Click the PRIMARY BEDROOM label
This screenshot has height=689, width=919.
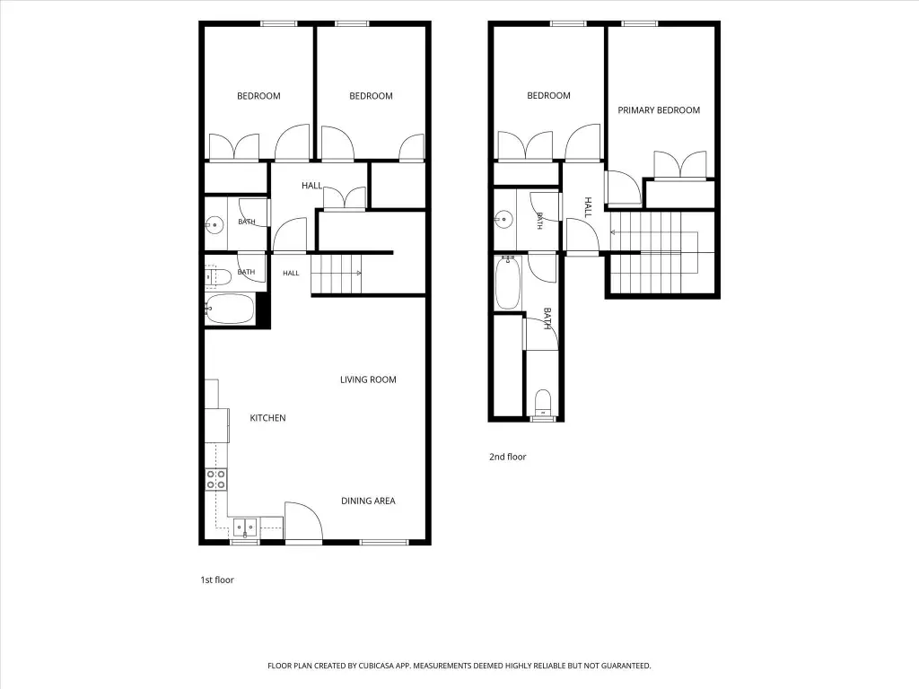[659, 110]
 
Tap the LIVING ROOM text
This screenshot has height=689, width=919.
[368, 379]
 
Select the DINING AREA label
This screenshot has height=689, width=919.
[368, 501]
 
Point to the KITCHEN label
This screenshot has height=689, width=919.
[267, 418]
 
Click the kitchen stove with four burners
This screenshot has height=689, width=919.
[215, 479]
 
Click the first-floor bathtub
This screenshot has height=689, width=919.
[230, 309]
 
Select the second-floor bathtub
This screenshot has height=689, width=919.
[508, 283]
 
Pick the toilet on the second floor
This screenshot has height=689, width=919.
[543, 405]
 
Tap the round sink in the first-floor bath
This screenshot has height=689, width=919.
[215, 224]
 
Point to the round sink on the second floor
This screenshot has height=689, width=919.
[503, 221]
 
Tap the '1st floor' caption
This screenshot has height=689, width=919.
[217, 580]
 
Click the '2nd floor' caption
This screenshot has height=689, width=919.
[508, 457]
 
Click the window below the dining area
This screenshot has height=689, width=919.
[384, 543]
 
